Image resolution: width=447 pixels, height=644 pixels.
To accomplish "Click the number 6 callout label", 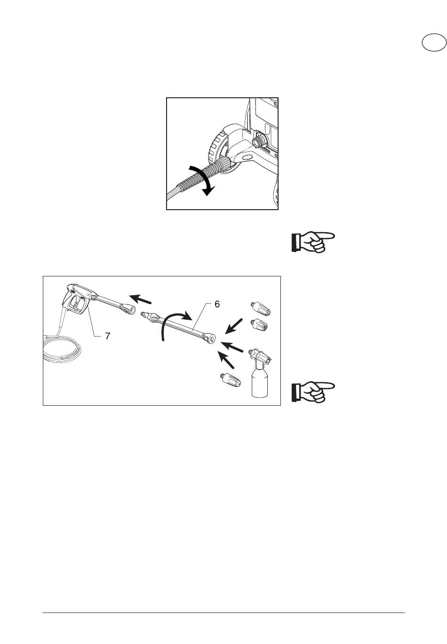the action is (217, 304).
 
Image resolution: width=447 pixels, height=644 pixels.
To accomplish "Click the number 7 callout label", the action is (107, 336).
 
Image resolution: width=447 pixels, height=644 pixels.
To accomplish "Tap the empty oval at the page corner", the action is (434, 43).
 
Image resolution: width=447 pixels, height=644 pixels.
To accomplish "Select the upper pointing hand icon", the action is (313, 242).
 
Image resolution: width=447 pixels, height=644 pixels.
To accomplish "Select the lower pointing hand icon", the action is (313, 392).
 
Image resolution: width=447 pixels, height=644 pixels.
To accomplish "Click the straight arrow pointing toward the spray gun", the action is (140, 299).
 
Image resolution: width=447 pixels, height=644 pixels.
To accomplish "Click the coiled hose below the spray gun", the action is (62, 349).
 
